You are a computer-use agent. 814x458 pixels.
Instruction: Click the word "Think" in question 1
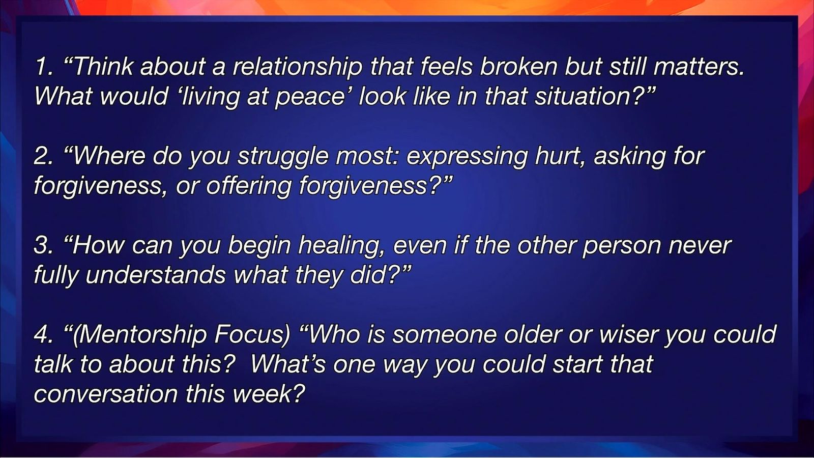[103, 67]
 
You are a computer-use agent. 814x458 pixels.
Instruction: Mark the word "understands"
[156, 275]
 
